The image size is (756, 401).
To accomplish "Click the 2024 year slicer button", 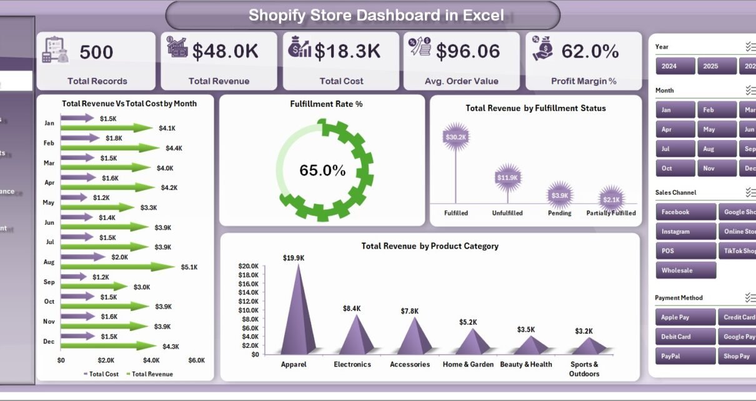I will tap(675, 66).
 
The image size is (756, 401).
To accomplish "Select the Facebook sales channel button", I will tap(685, 212).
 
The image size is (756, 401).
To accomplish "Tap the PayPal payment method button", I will tap(685, 356).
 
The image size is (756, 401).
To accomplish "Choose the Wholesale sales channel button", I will tap(685, 270).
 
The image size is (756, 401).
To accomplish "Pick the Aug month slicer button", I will tap(715, 149).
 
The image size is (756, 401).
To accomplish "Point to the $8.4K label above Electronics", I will tap(352, 309).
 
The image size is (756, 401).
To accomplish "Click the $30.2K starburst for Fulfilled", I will tap(455, 137).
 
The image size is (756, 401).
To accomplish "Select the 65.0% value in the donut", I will tap(322, 171).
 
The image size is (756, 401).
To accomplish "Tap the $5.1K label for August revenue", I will tap(189, 267).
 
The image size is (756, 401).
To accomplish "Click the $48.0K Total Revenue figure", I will tap(226, 52).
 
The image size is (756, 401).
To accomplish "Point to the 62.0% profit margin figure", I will tap(590, 52).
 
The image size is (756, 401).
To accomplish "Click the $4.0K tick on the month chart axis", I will tap(151, 360).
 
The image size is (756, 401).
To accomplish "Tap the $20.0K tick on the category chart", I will tap(248, 266).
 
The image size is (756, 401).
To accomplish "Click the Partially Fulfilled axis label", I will tap(611, 213).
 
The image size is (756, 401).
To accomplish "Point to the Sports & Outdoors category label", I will tap(584, 369).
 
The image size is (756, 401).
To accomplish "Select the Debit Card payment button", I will tap(685, 337).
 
